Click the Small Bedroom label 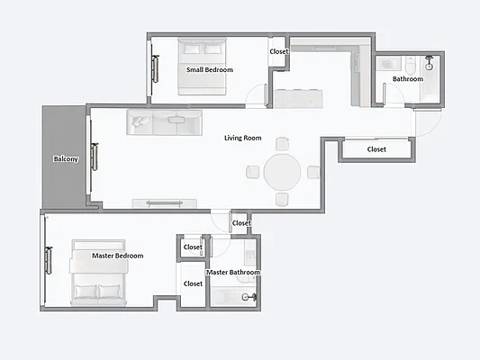(x=210, y=69)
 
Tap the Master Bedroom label (x=118, y=256)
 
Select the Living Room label (x=243, y=138)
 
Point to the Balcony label (x=66, y=159)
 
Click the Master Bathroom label (x=233, y=272)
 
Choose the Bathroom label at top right (x=407, y=79)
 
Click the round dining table (x=282, y=171)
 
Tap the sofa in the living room (x=166, y=122)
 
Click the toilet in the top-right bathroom (x=410, y=65)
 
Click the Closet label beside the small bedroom (x=279, y=51)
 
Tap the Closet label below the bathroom (x=376, y=149)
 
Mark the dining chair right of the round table (x=312, y=172)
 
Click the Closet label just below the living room (x=241, y=223)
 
